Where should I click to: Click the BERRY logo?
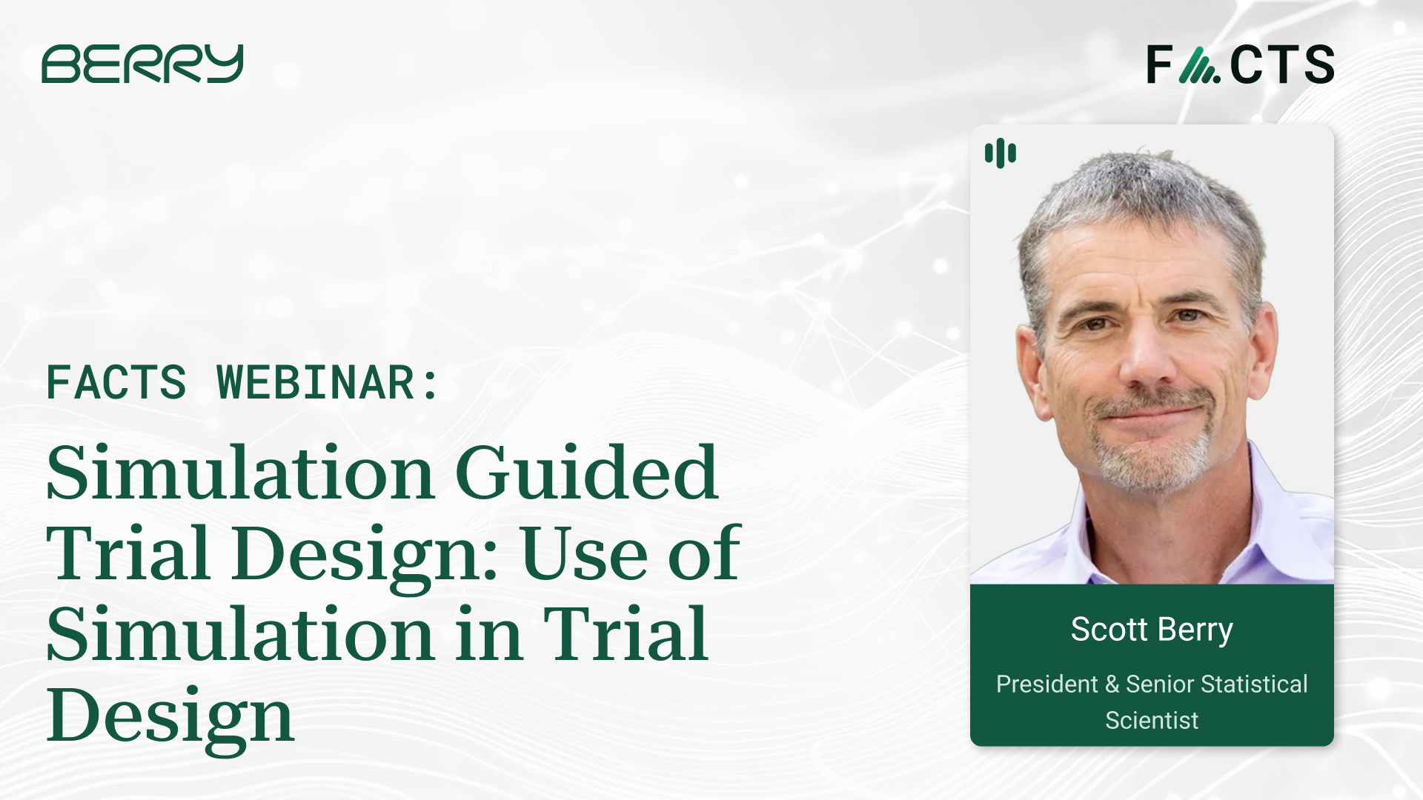142,64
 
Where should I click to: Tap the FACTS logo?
1240,64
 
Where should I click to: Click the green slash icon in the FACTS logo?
1198,65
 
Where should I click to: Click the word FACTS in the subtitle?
116,383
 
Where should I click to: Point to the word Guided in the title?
586,474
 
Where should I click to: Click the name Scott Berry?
1151,630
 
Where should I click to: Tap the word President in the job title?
1046,684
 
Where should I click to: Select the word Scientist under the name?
1151,720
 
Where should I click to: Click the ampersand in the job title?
1112,684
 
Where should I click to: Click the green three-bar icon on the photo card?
1000,153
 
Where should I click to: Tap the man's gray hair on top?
1141,193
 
